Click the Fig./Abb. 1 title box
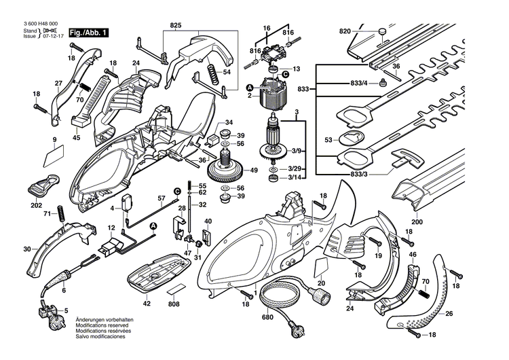pos(88,32)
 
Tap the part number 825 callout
pos(176,25)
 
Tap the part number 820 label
pos(345,32)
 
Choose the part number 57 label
pos(162,198)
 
